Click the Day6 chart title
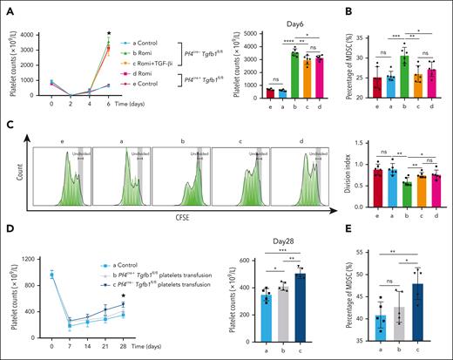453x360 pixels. coord(271,9)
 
